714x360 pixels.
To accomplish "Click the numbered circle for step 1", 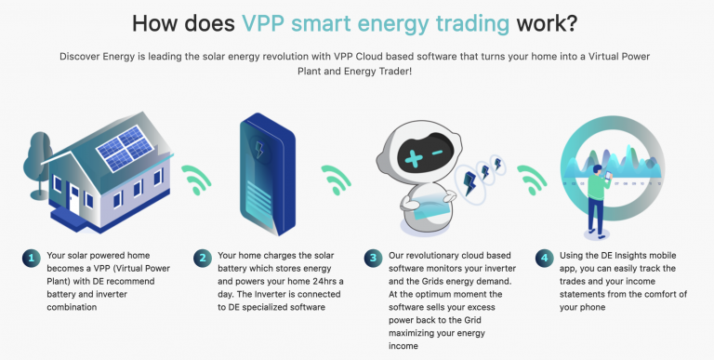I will (x=30, y=258).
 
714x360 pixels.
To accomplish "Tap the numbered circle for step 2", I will (x=202, y=258).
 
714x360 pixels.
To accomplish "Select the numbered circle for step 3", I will (x=373, y=258).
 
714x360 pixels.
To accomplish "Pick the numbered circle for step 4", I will (x=543, y=258).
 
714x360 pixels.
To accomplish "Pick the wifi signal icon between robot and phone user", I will (x=531, y=177).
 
